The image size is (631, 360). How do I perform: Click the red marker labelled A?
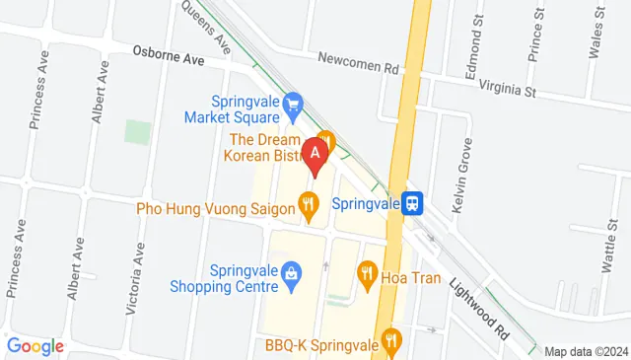point(315,155)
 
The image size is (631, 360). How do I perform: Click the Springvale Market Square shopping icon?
point(292,102)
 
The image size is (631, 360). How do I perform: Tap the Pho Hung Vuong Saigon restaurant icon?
point(309,207)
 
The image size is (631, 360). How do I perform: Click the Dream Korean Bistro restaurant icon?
point(326,140)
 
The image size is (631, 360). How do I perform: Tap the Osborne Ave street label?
point(169,59)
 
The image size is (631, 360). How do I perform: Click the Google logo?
point(35,346)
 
